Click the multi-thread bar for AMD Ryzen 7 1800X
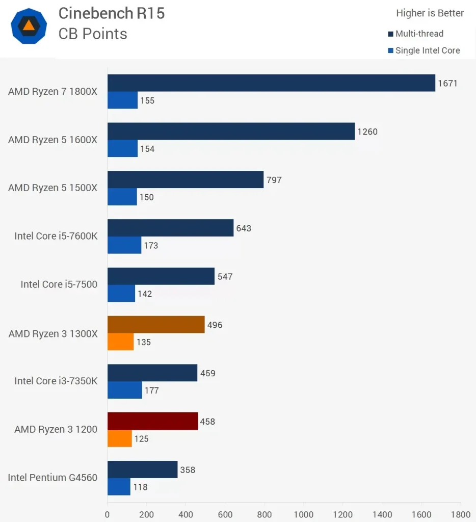pyautogui.click(x=271, y=83)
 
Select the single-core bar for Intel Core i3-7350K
pyautogui.click(x=125, y=390)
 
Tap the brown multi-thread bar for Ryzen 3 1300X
pyautogui.click(x=156, y=325)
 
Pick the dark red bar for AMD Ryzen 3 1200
pyautogui.click(x=152, y=422)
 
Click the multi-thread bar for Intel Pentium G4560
pyautogui.click(x=142, y=469)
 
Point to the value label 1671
pyautogui.click(x=448, y=83)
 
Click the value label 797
pyautogui.click(x=274, y=180)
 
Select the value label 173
pyautogui.click(x=151, y=246)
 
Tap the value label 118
pyautogui.click(x=140, y=487)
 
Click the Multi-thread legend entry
pyautogui.click(x=419, y=34)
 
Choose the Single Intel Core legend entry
pyautogui.click(x=427, y=50)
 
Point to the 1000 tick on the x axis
pyautogui.click(x=304, y=514)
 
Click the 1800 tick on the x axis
pyautogui.click(x=460, y=514)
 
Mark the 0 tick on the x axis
pyautogui.click(x=108, y=514)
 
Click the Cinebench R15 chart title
pyautogui.click(x=112, y=13)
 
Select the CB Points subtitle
pyautogui.click(x=93, y=34)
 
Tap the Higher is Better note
pyautogui.click(x=430, y=13)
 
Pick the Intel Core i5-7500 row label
pyautogui.click(x=59, y=284)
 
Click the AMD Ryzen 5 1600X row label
pyautogui.click(x=52, y=140)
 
